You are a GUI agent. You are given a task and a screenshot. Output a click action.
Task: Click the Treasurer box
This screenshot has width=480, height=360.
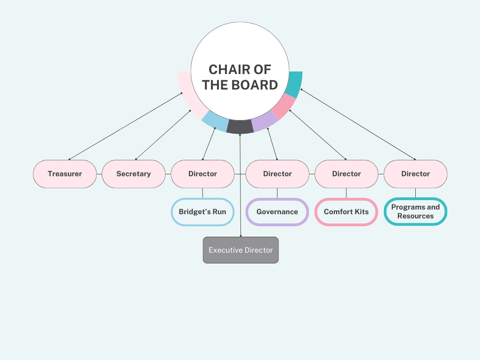point(65,174)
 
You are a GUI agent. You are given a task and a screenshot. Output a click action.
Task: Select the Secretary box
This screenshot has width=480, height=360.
point(134,174)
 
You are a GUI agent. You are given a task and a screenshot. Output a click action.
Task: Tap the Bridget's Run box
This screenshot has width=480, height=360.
point(202,212)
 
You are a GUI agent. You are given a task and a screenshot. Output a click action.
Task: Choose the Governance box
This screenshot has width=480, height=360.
point(277,212)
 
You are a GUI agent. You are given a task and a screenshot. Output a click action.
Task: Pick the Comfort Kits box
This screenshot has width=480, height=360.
point(346,212)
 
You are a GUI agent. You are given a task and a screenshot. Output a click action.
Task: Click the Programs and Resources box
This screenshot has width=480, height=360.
point(415,212)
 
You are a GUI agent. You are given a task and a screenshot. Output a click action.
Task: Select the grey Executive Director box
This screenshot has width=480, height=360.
point(240,250)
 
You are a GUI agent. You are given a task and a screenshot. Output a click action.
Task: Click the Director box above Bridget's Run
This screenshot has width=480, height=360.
point(202,174)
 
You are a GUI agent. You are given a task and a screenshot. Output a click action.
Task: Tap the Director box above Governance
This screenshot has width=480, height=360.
point(277,174)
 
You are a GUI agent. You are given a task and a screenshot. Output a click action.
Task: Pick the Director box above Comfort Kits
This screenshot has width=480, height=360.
point(346,174)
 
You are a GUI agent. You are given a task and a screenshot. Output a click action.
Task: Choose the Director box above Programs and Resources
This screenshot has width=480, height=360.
point(415,174)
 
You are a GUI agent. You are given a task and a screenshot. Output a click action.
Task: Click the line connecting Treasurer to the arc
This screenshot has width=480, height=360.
point(126,126)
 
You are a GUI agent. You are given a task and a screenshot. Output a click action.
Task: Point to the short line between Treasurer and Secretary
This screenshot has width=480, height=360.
point(99,174)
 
